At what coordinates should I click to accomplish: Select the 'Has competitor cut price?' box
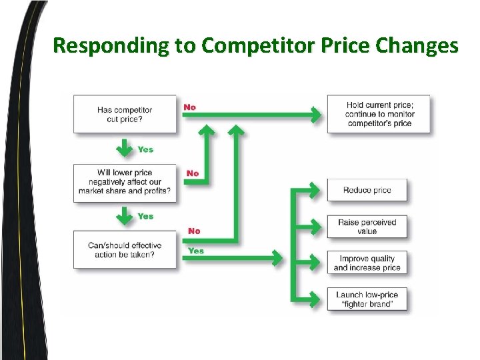[x=125, y=114]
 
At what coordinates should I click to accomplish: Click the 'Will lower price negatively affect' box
[x=125, y=182]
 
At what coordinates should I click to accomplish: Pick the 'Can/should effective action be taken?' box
[x=125, y=249]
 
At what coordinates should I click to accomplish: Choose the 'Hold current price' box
[x=379, y=114]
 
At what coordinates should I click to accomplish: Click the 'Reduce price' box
[x=367, y=190]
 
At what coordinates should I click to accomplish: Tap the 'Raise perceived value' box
[x=367, y=227]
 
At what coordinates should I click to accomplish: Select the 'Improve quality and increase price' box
[x=367, y=263]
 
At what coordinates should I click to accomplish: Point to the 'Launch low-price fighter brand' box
[x=367, y=299]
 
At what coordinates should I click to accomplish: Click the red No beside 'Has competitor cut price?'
[x=190, y=107]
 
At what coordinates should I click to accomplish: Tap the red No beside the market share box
[x=193, y=173]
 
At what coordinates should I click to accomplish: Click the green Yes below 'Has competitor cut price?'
[x=145, y=149]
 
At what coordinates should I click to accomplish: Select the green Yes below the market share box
[x=145, y=216]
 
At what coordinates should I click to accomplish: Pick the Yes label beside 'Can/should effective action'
[x=196, y=251]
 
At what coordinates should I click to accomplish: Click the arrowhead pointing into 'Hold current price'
[x=316, y=114]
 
